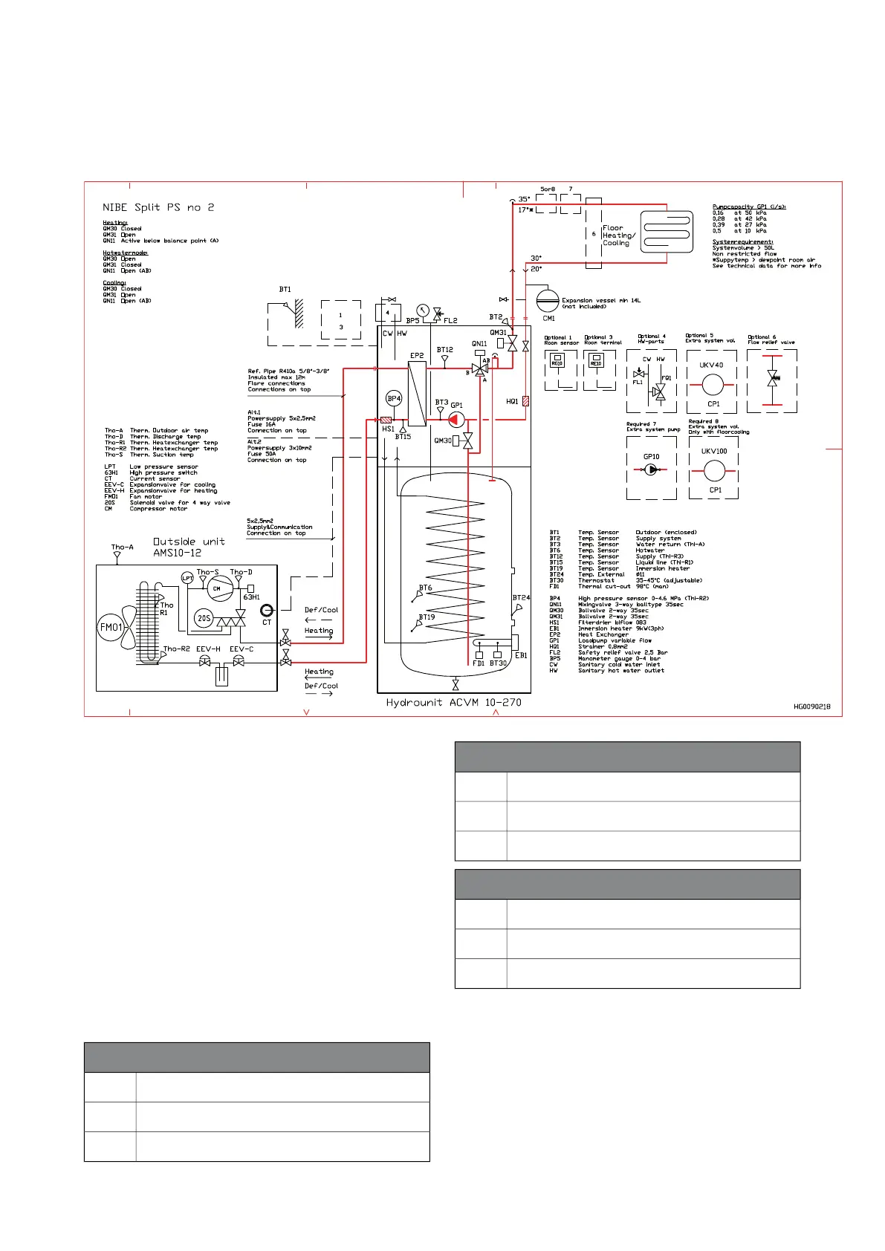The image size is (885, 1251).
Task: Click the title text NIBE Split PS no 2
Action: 158,207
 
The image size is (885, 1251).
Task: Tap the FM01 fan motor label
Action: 111,627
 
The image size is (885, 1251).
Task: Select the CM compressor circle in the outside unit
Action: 217,588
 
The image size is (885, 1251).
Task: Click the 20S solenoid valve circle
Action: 204,617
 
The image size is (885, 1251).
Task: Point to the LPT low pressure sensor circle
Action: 187,578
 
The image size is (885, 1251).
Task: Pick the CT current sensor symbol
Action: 267,611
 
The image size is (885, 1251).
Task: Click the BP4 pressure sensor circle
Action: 394,398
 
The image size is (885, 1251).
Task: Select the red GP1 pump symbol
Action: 456,419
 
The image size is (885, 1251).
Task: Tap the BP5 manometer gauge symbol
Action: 423,311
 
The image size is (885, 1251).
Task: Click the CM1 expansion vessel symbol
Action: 548,301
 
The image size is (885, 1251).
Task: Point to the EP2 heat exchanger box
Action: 417,393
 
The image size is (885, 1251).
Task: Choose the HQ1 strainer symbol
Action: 525,401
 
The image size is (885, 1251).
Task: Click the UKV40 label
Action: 711,365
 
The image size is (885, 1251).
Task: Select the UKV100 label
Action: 714,451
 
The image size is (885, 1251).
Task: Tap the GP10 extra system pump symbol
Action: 651,469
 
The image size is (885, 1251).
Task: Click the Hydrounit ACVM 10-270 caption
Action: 453,702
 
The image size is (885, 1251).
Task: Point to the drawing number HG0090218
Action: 812,706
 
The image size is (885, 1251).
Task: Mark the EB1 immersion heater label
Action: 521,655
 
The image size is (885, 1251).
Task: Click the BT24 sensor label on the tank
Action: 521,597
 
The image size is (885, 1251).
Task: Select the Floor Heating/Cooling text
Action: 618,235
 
